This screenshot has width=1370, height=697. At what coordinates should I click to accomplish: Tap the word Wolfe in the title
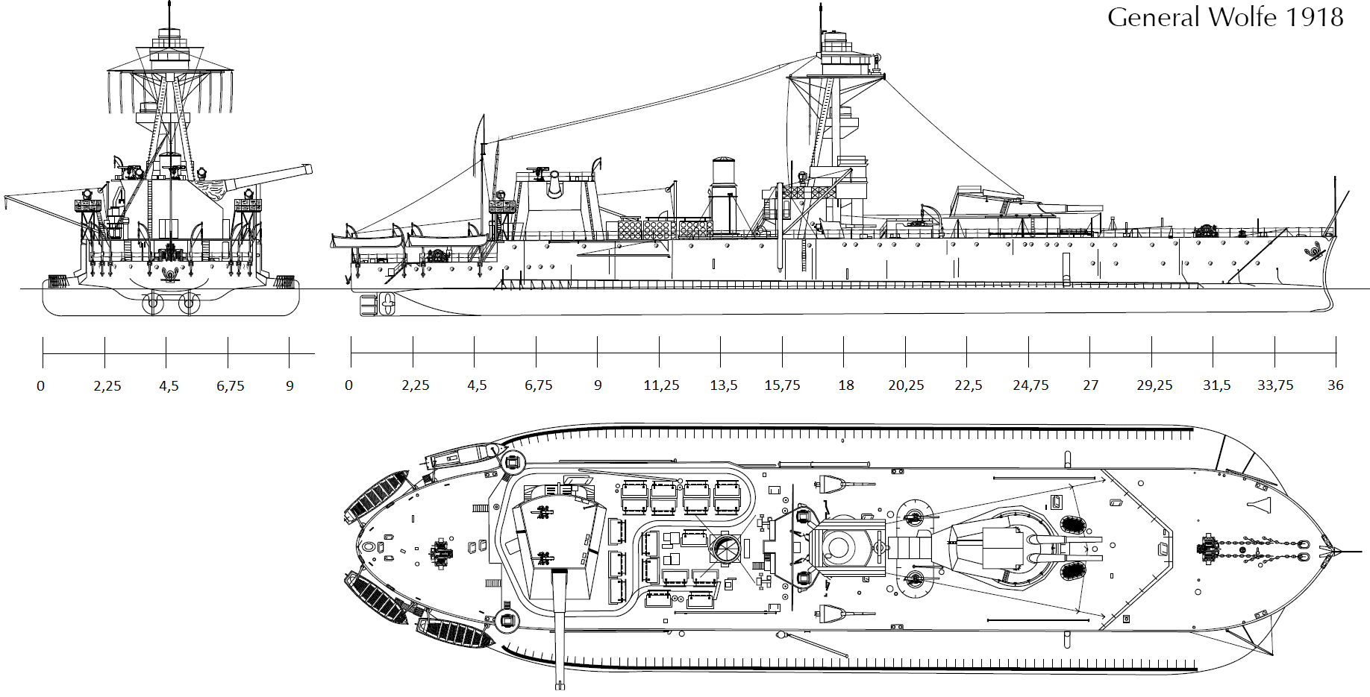[1241, 17]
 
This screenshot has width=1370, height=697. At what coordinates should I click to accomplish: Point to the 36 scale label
[1335, 385]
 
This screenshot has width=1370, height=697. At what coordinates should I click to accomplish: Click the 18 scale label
[845, 385]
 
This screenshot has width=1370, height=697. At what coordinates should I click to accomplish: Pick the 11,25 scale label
[661, 385]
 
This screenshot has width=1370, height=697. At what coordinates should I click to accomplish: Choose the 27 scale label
[1090, 385]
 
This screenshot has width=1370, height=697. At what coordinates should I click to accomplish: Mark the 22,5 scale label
[968, 385]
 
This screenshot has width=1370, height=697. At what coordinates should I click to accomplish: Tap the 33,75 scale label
[1275, 385]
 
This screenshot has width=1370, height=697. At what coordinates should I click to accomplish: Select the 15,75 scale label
[782, 385]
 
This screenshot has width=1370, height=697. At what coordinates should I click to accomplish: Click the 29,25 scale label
[1154, 385]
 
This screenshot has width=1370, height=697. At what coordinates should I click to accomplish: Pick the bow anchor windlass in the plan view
[1207, 550]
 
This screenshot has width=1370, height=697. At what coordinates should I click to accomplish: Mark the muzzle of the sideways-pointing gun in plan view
[560, 684]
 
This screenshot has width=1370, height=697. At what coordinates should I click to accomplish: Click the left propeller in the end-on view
[154, 303]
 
